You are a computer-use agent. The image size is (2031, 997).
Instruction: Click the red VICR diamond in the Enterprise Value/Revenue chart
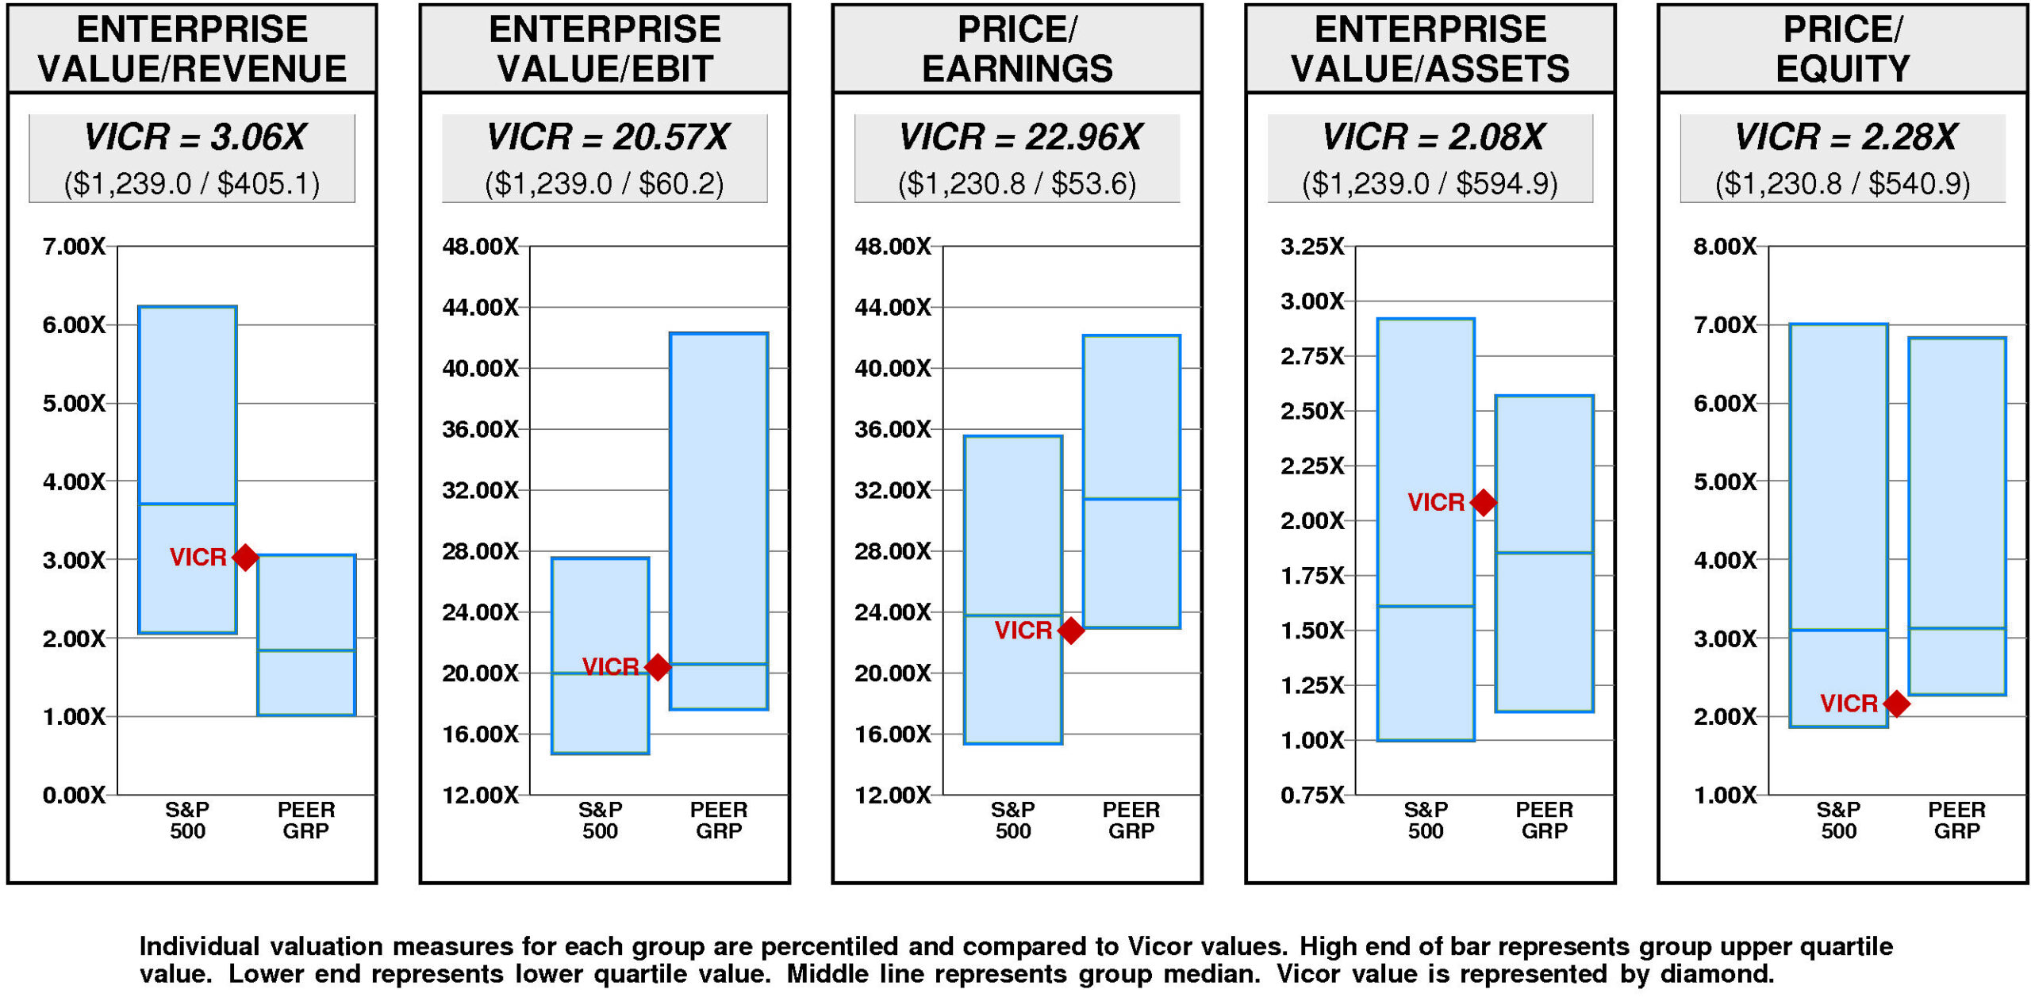(245, 557)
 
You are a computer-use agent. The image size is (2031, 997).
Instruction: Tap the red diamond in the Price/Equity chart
(1896, 703)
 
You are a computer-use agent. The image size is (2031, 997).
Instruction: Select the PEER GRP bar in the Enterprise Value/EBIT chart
(718, 520)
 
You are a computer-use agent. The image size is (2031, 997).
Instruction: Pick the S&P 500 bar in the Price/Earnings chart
(1012, 589)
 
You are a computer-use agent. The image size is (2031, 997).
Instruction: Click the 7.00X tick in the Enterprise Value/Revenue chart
(74, 247)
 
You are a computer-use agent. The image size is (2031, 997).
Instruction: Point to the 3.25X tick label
(1312, 247)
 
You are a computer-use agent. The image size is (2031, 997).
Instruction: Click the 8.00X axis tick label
(1725, 247)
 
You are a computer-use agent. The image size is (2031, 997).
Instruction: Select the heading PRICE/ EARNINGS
(1017, 49)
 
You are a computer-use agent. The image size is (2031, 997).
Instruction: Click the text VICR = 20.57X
(607, 137)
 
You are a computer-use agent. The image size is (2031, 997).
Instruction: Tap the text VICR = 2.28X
(1845, 137)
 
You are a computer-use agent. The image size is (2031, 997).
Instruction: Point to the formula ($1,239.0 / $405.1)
(192, 184)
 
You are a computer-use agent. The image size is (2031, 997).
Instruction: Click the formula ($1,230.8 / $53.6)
(1017, 184)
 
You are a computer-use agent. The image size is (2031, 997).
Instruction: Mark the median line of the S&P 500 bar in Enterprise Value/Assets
(1426, 606)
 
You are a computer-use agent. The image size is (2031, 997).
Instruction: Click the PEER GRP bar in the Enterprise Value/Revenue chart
(306, 635)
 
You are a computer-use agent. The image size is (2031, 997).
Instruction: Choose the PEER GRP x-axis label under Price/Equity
(1956, 820)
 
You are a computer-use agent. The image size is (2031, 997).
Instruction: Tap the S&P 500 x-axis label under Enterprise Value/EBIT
(600, 820)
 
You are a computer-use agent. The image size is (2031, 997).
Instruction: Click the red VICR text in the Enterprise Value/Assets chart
(1435, 502)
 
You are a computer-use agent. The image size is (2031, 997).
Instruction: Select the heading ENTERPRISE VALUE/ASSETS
(1430, 49)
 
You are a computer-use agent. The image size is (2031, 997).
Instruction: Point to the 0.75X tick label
(1312, 795)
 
